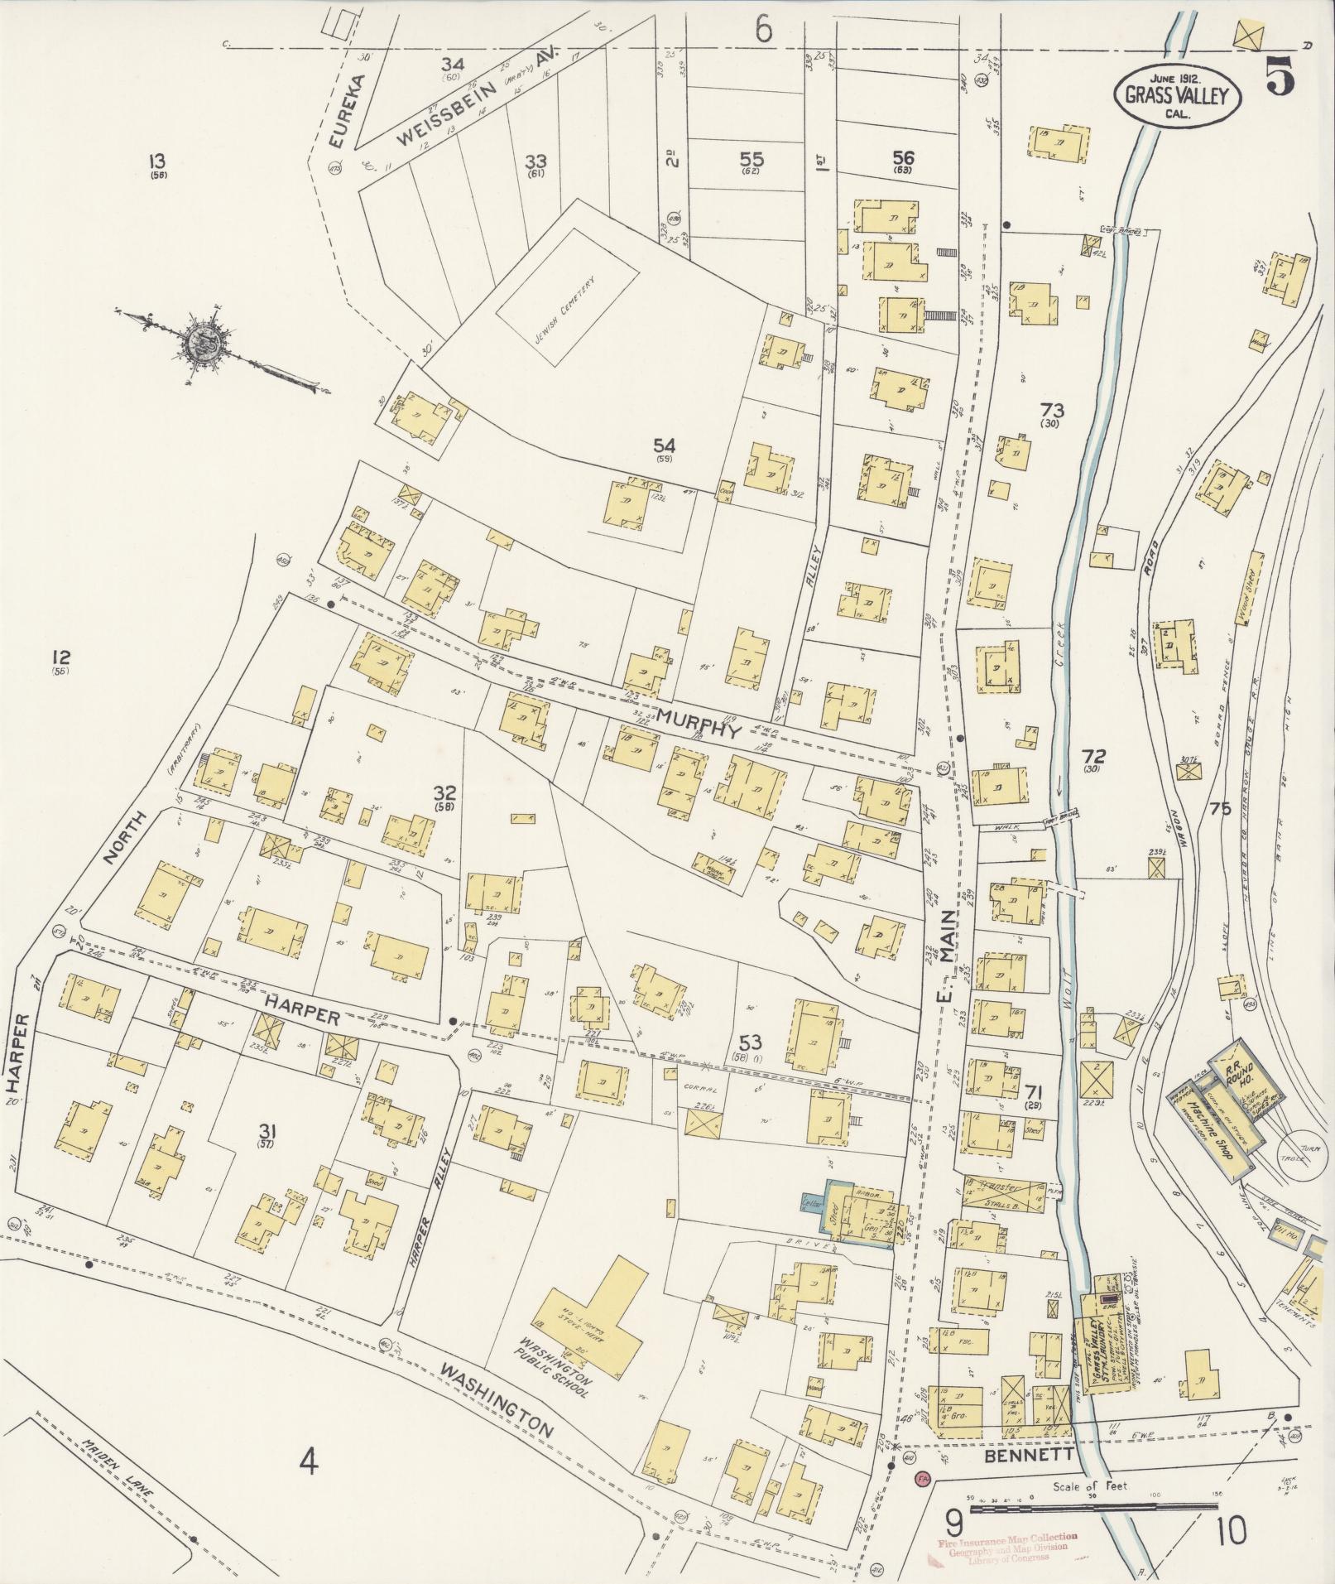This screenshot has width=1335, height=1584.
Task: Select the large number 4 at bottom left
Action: point(309,1463)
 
